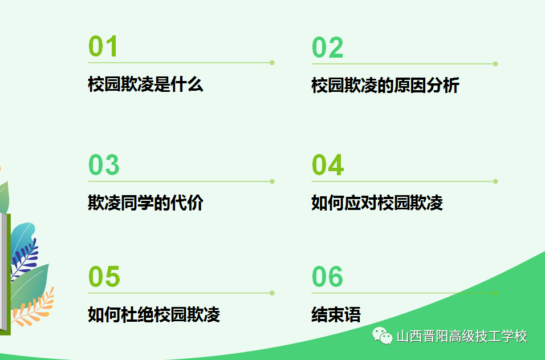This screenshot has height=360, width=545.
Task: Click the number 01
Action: click(x=103, y=46)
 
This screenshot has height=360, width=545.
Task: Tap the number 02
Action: click(x=327, y=48)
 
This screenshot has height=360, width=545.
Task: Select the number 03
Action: click(x=104, y=165)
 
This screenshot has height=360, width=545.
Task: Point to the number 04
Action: click(x=328, y=165)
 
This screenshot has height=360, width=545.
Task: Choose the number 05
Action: click(x=104, y=277)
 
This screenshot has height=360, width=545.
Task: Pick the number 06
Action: click(x=327, y=277)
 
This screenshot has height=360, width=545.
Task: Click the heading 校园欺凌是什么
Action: click(x=145, y=84)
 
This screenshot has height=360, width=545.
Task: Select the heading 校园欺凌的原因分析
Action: click(x=385, y=85)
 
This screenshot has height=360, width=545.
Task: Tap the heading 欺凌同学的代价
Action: click(x=145, y=203)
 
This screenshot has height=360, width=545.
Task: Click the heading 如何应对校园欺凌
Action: click(x=377, y=203)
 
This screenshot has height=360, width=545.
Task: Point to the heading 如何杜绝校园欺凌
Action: click(x=154, y=314)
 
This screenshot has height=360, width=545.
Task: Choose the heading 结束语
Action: click(x=336, y=314)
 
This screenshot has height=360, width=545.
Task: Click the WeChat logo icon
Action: click(x=383, y=335)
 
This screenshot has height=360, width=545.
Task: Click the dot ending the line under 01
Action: click(x=272, y=63)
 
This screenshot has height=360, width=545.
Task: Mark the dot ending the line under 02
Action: click(x=495, y=64)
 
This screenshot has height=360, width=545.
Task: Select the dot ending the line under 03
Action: click(x=272, y=181)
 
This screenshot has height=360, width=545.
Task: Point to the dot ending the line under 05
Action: click(x=272, y=293)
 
